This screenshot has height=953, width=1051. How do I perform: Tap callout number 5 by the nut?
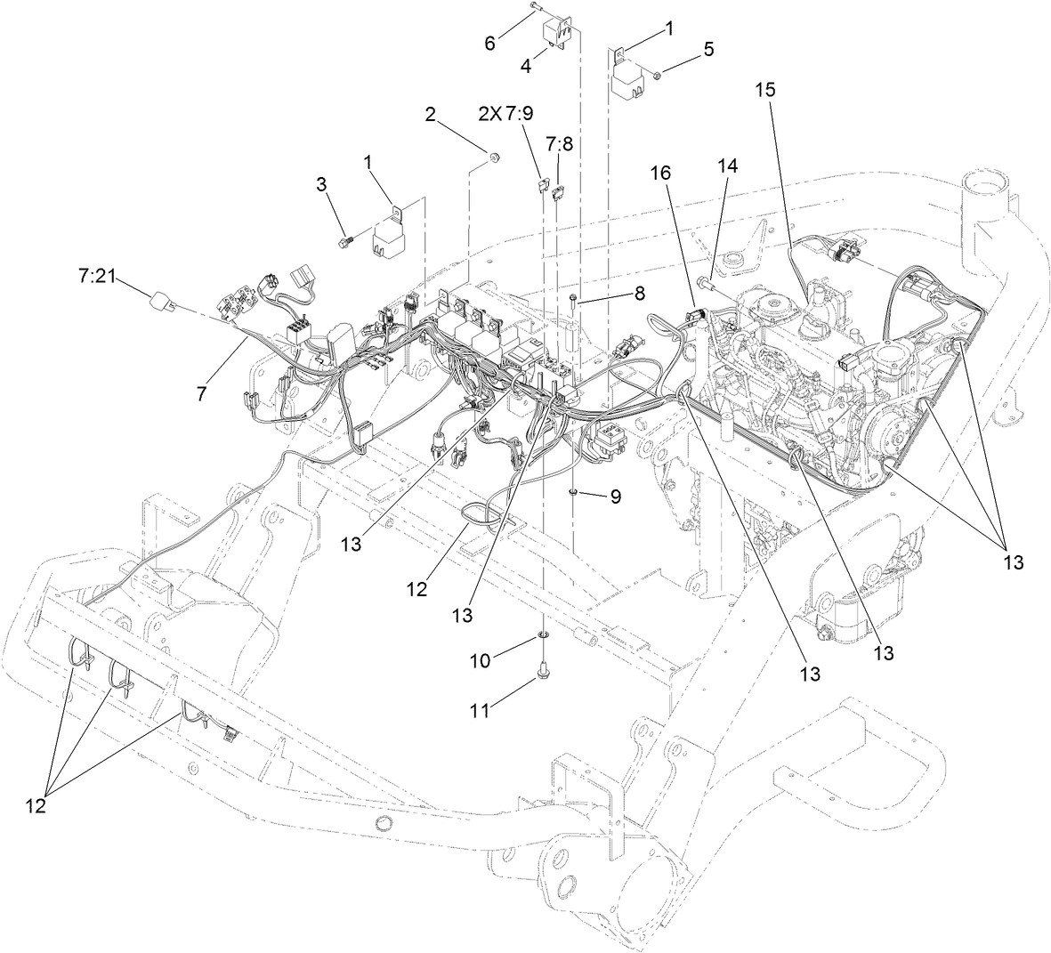707,49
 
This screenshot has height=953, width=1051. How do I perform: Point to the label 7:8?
559,142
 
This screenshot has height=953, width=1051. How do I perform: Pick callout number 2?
430,114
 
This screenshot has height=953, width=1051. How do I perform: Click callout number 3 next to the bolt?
322,184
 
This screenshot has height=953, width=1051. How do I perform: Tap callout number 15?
766,90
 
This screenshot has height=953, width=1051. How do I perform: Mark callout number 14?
727,166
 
